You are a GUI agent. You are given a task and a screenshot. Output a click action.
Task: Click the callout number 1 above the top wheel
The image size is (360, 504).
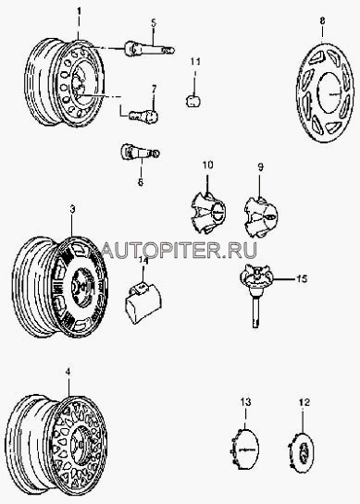click(79, 12)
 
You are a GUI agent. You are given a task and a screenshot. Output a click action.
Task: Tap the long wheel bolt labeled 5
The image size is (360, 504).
click(150, 49)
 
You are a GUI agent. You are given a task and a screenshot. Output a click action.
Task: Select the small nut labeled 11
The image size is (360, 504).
click(192, 101)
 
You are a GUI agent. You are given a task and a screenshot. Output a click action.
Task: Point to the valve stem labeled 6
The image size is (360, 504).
click(140, 152)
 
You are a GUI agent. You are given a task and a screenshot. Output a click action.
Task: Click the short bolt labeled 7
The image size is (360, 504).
click(143, 115)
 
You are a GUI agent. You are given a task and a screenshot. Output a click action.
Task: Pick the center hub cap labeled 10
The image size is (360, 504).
click(208, 213)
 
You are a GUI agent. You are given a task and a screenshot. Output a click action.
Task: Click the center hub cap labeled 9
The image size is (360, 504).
click(261, 216)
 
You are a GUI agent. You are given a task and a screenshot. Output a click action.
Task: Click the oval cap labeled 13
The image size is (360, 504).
click(245, 446)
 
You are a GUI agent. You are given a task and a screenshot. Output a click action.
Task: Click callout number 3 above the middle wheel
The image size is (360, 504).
click(73, 209)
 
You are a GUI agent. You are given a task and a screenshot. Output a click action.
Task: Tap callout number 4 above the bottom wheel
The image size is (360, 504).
click(68, 372)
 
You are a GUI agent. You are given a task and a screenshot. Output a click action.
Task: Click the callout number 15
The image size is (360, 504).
click(302, 278)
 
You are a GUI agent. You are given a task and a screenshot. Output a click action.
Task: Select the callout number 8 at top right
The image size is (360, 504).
click(322, 21)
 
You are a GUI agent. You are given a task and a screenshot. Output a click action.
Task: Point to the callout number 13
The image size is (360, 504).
click(245, 401)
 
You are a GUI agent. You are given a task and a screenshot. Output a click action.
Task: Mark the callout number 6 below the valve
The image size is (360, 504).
click(141, 182)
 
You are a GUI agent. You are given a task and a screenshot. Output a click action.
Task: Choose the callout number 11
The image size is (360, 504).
click(195, 61)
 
